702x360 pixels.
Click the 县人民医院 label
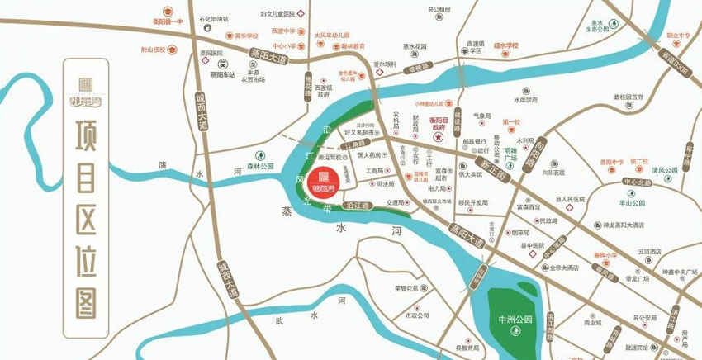(x=570, y=199)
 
